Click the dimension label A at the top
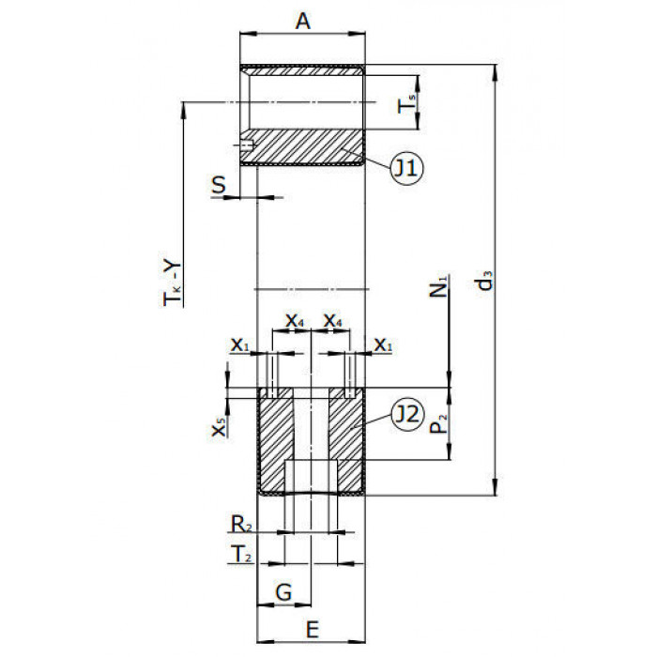tap(303, 21)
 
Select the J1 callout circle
tap(406, 168)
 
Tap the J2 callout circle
tap(406, 414)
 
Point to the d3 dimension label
tap(485, 281)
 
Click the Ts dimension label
tap(406, 103)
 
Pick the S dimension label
tap(219, 184)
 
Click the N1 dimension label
tap(438, 285)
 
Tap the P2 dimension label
tap(438, 423)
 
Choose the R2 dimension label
tap(242, 524)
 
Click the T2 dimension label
tap(241, 554)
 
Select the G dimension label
tap(283, 592)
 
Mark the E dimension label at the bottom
tap(313, 630)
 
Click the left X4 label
tap(295, 321)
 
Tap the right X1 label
tap(383, 344)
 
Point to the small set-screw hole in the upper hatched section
tap(246, 145)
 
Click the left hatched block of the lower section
tap(274, 440)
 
